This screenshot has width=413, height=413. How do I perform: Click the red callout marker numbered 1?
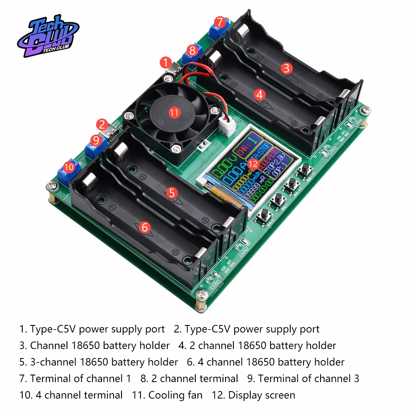(x=166, y=63)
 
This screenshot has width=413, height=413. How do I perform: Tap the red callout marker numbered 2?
(x=102, y=124)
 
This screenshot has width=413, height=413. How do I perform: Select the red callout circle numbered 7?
(x=220, y=21)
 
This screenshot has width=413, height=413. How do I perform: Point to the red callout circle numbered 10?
(x=69, y=167)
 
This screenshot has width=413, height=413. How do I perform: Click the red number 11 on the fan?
(x=174, y=112)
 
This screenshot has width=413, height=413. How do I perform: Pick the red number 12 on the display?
(x=254, y=164)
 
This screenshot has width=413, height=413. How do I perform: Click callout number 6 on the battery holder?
(x=144, y=227)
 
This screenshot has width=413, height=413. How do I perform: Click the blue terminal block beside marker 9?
(x=92, y=149)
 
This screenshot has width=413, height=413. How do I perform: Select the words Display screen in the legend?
(x=261, y=395)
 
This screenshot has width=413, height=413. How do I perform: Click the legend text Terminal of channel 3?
(x=309, y=378)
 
